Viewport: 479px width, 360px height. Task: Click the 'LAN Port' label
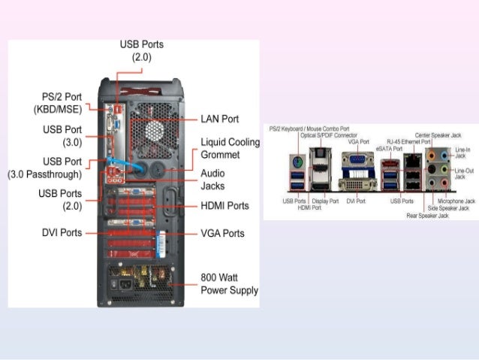pos(219,119)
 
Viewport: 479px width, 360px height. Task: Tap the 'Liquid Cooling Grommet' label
pos(230,149)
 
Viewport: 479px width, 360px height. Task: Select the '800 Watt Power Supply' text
pos(229,283)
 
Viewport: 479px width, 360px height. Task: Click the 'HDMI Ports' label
pos(224,206)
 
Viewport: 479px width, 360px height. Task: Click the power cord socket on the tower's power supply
pos(120,285)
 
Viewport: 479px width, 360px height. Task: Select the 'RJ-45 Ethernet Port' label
pos(408,141)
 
